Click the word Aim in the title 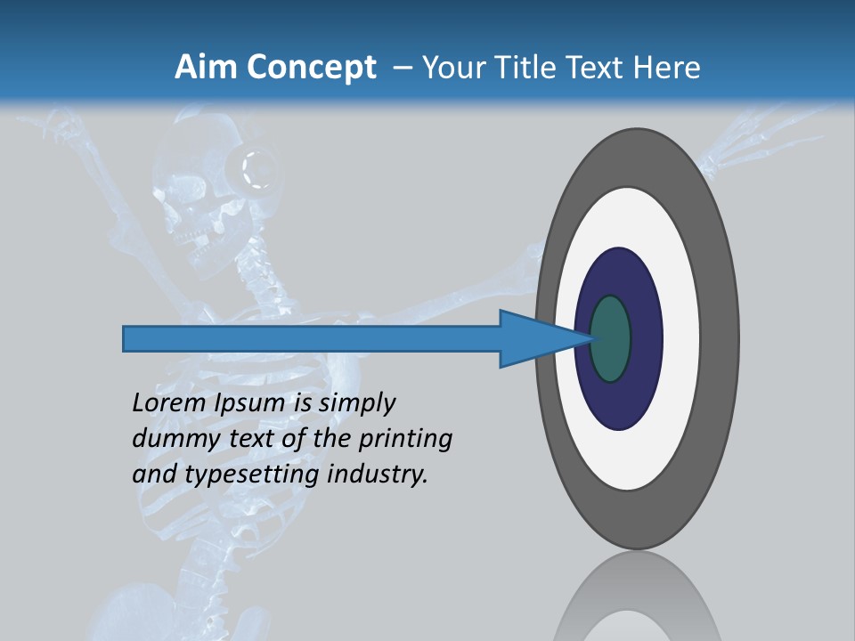202,68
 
